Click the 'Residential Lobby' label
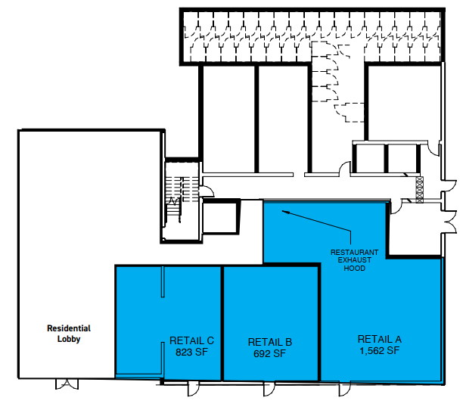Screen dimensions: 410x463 69,334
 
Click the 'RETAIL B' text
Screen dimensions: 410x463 270,342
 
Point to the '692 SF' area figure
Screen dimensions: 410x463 270,353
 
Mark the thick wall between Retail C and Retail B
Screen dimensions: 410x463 222,324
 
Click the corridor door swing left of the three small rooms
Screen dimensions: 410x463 345,168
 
